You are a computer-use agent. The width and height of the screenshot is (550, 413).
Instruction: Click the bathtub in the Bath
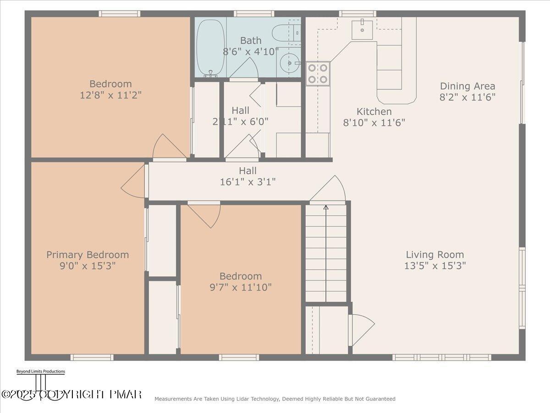[210, 47]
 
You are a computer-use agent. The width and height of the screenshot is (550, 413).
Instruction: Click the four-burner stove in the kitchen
[318, 73]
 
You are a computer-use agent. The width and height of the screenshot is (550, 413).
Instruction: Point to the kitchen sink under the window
[362, 29]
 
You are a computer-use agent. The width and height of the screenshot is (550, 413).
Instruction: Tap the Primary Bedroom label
[88, 255]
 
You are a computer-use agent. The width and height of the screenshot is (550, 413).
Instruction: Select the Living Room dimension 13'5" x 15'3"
[434, 266]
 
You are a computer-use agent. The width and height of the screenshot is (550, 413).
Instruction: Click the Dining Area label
[467, 86]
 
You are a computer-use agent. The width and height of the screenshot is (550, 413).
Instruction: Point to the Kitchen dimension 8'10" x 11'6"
[374, 123]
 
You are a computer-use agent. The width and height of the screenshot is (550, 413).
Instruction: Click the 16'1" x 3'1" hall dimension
[247, 182]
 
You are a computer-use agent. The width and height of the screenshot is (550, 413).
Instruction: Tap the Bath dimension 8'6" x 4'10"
[251, 51]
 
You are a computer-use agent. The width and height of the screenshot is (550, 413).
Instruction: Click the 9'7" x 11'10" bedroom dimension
[241, 287]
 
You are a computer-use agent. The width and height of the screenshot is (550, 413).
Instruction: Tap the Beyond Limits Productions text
[40, 371]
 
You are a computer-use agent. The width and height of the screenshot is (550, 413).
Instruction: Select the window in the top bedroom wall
[119, 14]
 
